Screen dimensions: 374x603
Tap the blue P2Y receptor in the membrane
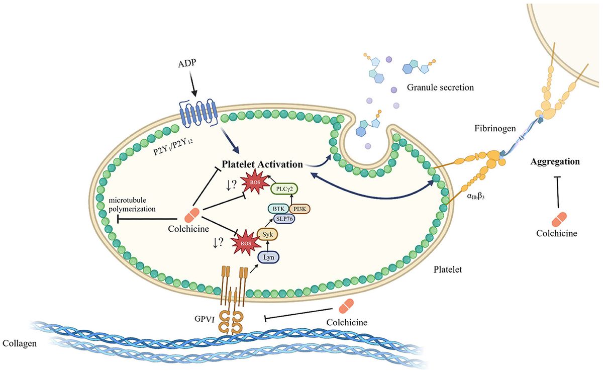coord(196,114)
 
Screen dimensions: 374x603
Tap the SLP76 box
coord(284,219)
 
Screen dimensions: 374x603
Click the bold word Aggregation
coord(555,162)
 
